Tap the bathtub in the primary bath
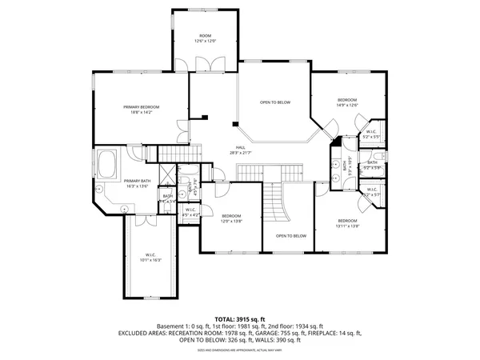107,166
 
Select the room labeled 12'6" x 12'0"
205,38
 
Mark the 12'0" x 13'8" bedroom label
231,218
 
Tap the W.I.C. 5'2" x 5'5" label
371,134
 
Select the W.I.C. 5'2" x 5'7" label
371,192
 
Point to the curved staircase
277,204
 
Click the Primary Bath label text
138,183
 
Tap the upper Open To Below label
274,102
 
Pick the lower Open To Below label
291,236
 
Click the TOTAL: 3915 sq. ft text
239,319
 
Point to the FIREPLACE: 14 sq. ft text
338,333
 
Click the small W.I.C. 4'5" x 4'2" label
190,212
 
